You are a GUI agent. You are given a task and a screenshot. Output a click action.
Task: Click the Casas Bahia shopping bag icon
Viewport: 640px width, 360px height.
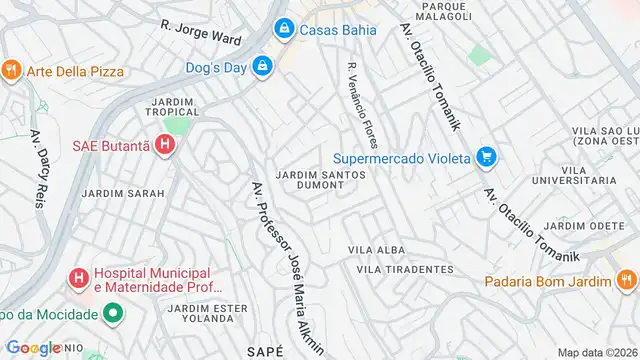pyautogui.click(x=285, y=29)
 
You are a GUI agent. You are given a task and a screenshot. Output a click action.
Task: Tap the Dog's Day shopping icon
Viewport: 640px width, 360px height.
pyautogui.click(x=262, y=68)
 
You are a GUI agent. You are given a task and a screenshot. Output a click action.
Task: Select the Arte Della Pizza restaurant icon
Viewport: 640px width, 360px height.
pyautogui.click(x=11, y=69)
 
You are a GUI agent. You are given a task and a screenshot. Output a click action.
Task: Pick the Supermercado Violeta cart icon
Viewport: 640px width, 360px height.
pyautogui.click(x=486, y=156)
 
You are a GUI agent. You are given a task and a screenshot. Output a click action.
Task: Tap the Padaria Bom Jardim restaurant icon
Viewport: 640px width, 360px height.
pyautogui.click(x=626, y=281)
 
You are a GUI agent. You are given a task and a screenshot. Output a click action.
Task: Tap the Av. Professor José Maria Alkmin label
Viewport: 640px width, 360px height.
pyautogui.click(x=285, y=265)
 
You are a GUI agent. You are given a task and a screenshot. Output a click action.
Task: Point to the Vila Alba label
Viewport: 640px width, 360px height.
pyautogui.click(x=374, y=249)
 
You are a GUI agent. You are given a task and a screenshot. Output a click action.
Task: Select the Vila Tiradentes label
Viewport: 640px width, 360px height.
pyautogui.click(x=404, y=269)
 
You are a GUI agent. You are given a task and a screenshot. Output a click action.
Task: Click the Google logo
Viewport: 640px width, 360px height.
pyautogui.click(x=33, y=347)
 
